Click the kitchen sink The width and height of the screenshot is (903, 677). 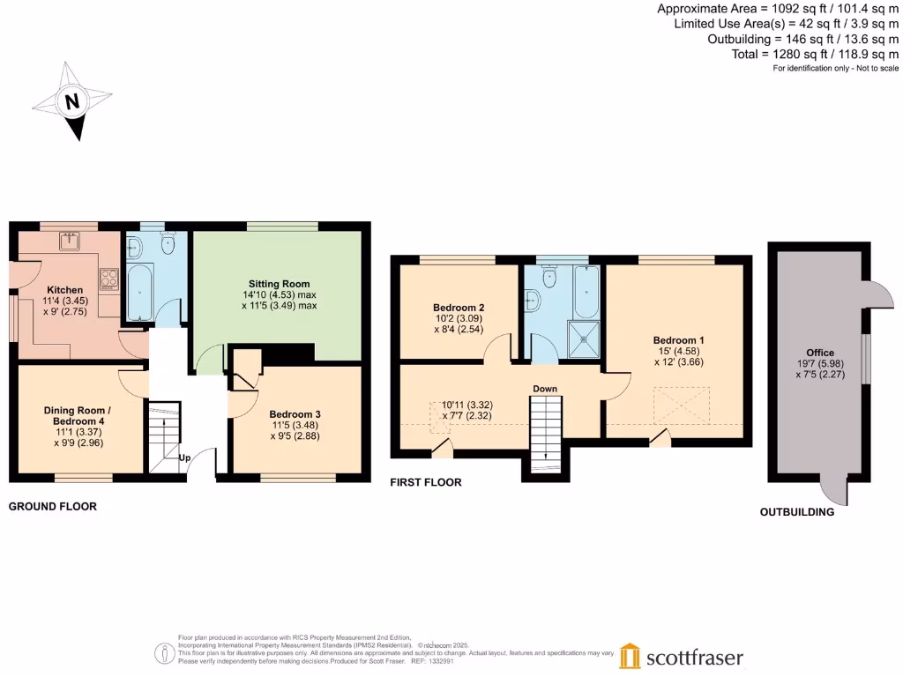tap(71, 241)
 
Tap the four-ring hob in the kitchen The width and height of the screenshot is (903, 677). tap(108, 279)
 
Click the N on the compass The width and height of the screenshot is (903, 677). tap(72, 101)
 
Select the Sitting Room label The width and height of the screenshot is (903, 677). tap(278, 282)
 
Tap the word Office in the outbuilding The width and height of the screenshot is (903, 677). tap(819, 353)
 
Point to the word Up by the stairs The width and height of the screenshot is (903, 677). tap(185, 458)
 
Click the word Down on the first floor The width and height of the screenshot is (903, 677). tap(544, 388)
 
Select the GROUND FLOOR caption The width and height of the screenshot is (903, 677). tap(53, 507)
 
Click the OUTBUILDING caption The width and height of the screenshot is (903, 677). tap(797, 512)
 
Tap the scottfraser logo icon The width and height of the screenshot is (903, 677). tap(630, 656)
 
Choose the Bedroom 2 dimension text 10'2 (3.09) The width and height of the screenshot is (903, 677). tap(456, 318)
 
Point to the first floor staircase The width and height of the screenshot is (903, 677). tap(545, 428)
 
